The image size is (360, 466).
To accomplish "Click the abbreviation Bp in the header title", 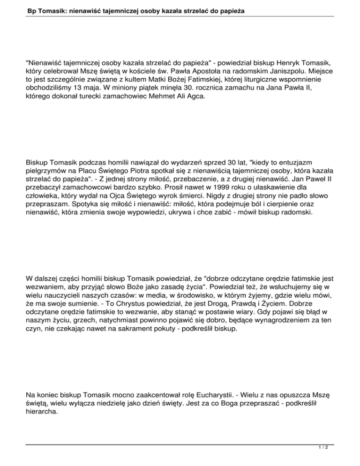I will (20, 9).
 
